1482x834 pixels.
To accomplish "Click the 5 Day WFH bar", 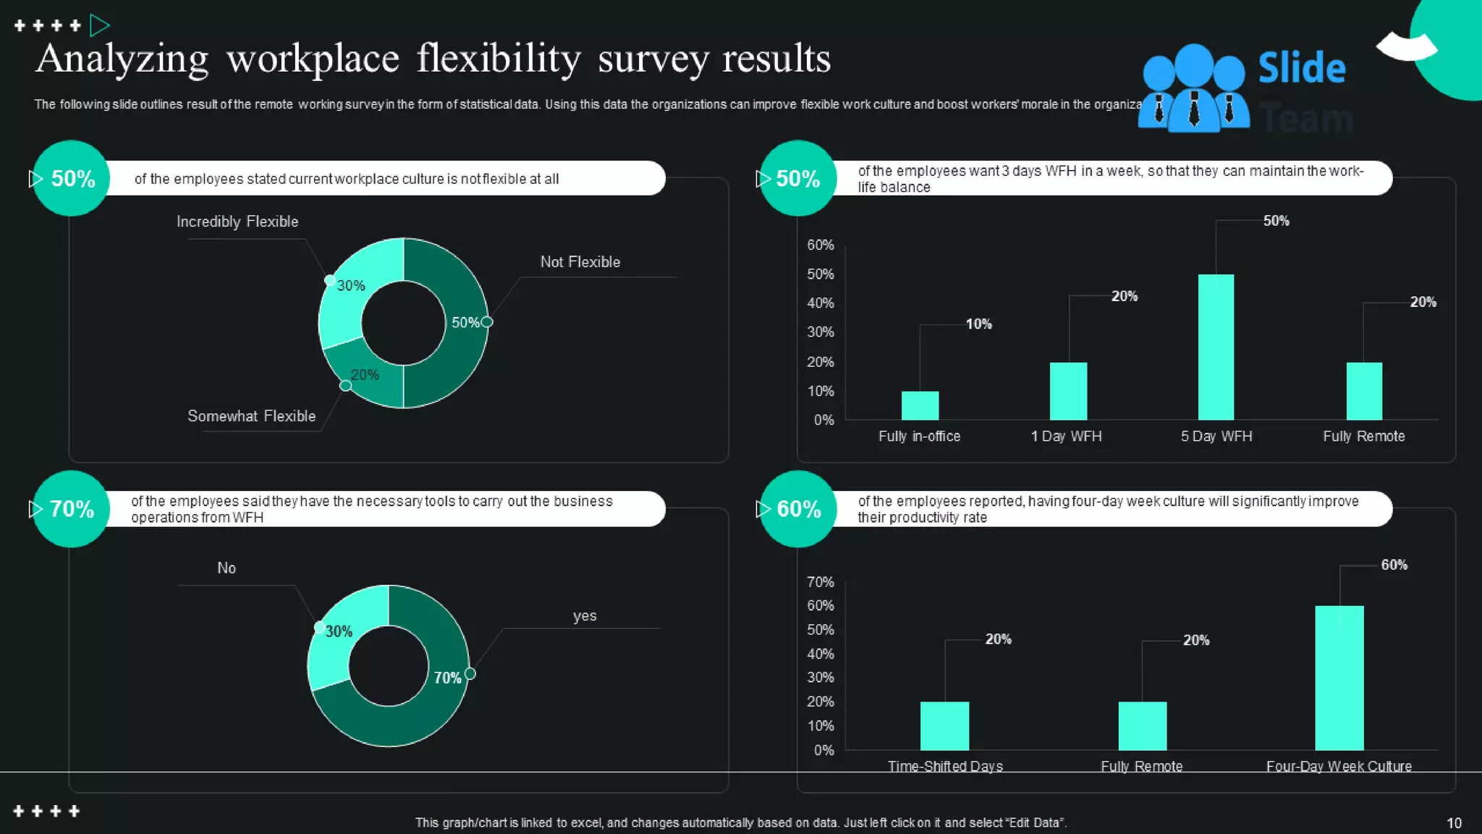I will (1216, 347).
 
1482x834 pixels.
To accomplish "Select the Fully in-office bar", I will (920, 405).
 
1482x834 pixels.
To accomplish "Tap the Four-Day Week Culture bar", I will (1339, 678).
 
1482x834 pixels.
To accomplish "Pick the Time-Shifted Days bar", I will (944, 725).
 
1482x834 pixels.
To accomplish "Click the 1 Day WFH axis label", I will (1066, 437).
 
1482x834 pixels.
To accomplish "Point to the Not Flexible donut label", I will (580, 262).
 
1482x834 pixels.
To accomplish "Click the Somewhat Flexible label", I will (251, 416).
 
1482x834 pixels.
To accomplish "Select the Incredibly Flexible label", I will (237, 222).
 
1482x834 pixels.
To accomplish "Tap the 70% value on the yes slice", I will (447, 678).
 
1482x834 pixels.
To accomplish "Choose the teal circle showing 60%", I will (798, 509).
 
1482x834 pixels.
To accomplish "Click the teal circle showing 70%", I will (71, 509).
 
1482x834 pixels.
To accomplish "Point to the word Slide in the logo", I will (1301, 68).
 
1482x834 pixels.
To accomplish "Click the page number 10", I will (1454, 823).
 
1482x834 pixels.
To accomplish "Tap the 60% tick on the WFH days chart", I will (821, 245).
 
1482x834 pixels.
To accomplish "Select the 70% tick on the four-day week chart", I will (821, 582).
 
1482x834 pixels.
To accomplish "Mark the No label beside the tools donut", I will (226, 568).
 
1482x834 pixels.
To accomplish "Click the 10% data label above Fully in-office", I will (978, 324).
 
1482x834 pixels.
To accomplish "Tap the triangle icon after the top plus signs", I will (99, 26).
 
